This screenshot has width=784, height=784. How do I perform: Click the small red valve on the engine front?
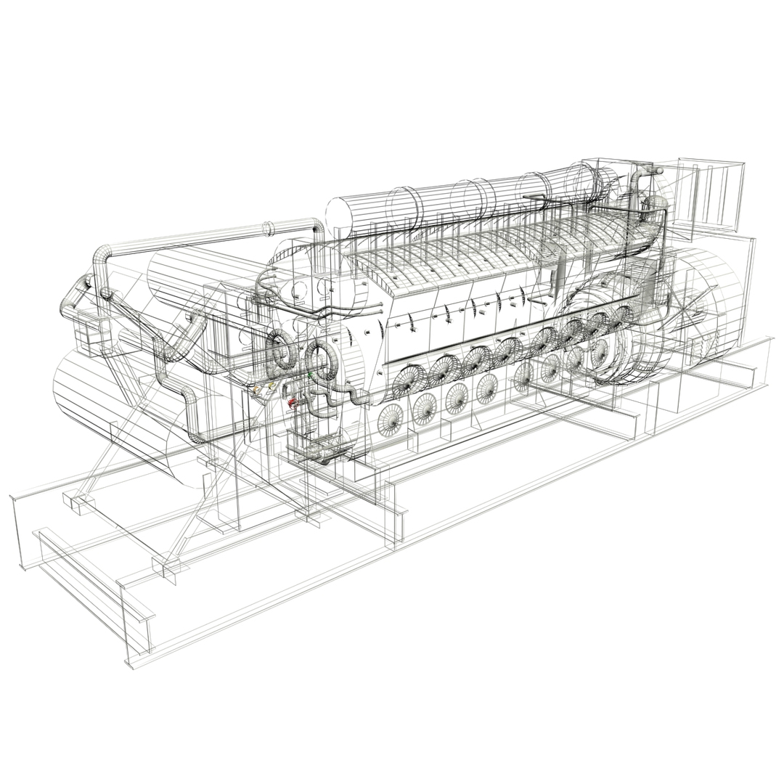click(x=293, y=401)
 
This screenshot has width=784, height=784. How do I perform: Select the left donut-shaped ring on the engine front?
click(x=281, y=349)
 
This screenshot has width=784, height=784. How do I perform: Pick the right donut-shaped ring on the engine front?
click(x=320, y=359)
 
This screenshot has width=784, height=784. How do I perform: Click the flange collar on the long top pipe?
click(x=268, y=228)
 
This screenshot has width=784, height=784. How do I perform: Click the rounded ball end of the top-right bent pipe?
click(x=658, y=171)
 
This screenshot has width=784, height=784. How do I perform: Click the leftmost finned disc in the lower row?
click(x=390, y=420)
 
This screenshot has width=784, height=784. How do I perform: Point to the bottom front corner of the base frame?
click(x=130, y=663)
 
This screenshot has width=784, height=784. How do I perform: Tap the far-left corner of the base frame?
click(x=13, y=498)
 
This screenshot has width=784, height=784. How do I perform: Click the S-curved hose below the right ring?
click(x=348, y=398)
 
